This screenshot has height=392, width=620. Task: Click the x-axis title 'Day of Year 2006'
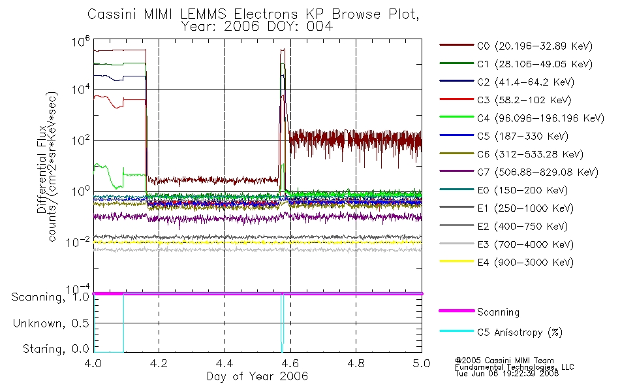(x=257, y=376)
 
